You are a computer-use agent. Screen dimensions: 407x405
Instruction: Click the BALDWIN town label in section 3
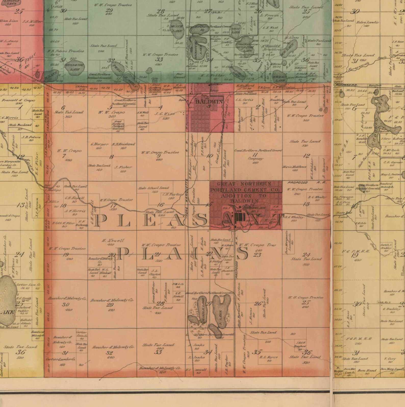209,101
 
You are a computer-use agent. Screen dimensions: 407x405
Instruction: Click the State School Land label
153,188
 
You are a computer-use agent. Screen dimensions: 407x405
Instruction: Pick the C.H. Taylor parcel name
173,194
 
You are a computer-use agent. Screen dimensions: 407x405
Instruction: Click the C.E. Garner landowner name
393,162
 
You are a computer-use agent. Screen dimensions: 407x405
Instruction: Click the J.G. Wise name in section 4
165,114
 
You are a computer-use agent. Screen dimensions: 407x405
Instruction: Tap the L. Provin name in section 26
269,15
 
